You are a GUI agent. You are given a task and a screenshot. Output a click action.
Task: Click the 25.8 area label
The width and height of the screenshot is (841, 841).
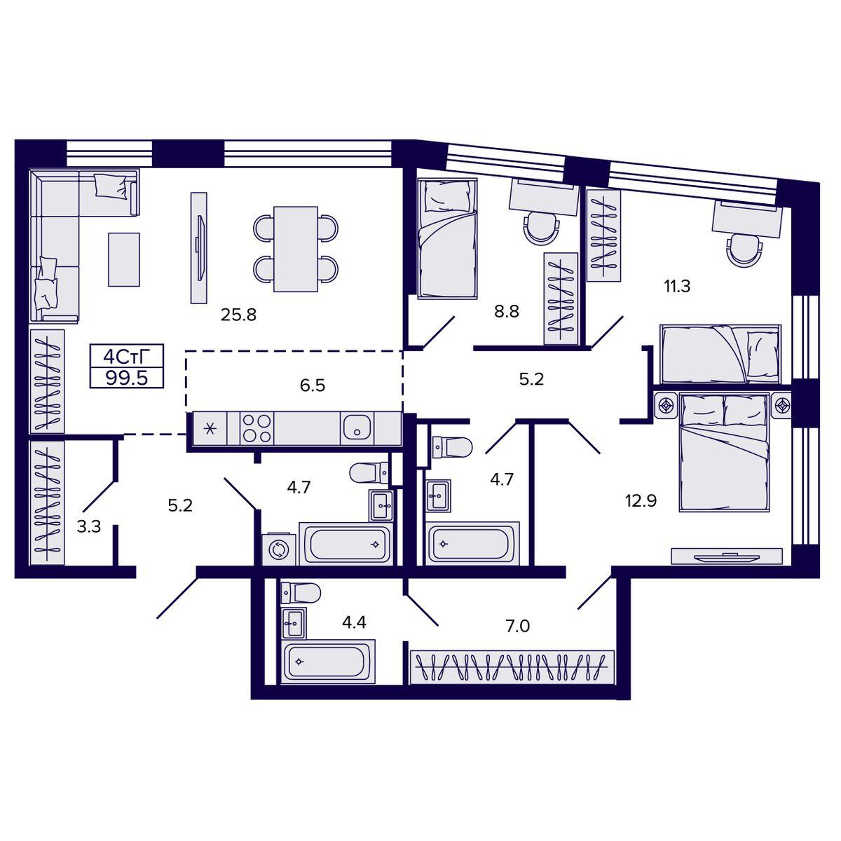pos(238,314)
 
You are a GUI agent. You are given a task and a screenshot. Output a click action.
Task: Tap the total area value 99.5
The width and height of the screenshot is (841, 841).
pos(127,378)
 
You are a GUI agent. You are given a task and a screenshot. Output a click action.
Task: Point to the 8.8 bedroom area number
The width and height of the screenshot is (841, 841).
pos(506,312)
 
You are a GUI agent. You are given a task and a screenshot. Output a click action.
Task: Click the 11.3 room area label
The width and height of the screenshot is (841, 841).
pos(677,287)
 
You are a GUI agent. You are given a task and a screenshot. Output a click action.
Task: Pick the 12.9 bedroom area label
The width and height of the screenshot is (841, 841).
pos(641,501)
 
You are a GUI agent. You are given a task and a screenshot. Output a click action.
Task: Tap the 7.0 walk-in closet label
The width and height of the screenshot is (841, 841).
pos(518,627)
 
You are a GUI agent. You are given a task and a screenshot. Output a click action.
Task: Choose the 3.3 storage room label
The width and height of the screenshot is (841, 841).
pos(89,527)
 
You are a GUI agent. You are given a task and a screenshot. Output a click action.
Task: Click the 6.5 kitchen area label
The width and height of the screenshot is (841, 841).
pos(313,385)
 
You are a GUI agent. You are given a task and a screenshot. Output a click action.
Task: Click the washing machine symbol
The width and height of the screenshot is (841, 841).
pos(278,549)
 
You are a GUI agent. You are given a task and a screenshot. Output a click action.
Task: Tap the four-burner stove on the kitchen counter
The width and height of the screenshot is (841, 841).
pos(257,429)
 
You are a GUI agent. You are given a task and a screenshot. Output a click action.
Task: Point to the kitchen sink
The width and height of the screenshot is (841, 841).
pos(357,429)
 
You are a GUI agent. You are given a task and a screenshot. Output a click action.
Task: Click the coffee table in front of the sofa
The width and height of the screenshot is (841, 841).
pos(124,260)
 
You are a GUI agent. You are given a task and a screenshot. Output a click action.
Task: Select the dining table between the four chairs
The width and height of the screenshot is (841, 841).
pos(296,249)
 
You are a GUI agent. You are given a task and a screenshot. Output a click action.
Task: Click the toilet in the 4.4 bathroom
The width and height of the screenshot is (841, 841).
pos(301,594)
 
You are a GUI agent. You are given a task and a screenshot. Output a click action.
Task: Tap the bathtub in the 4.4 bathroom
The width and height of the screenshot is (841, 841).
pos(328,662)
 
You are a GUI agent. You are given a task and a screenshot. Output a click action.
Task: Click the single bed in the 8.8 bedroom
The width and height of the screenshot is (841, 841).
pos(447,239)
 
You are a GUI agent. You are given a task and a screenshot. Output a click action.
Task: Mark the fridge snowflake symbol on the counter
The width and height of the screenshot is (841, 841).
pos(210,429)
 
